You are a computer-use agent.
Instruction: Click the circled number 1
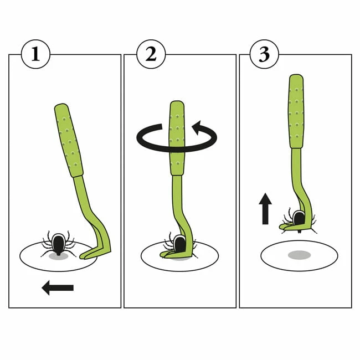(x=35, y=54)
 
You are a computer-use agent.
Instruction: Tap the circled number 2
(x=151, y=54)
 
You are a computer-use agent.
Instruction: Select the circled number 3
(x=264, y=54)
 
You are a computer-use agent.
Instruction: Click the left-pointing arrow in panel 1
(x=58, y=287)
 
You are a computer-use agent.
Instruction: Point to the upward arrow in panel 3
(x=265, y=208)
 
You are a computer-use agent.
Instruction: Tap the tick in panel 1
(x=58, y=244)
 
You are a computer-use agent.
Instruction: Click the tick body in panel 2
(x=179, y=244)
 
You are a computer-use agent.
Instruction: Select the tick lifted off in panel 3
(x=299, y=220)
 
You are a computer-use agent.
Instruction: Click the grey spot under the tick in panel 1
(x=58, y=256)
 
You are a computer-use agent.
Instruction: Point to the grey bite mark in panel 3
(x=300, y=255)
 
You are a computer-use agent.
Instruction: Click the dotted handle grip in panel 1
(x=69, y=140)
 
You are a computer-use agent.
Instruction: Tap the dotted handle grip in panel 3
(x=296, y=111)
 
